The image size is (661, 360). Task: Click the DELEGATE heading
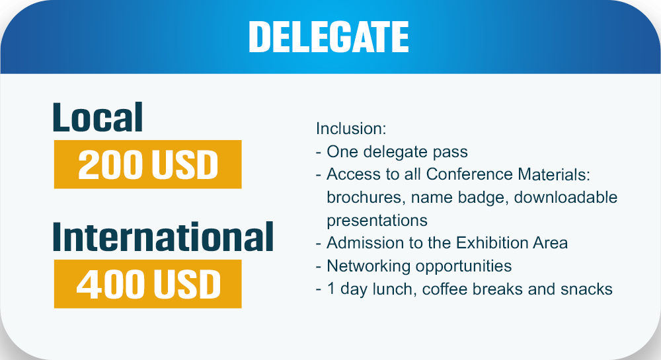pos(329,36)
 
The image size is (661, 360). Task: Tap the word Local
pos(98,118)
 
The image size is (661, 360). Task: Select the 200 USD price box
pos(147,164)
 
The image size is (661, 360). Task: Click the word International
pos(163,237)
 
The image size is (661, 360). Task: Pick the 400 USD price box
pos(147,284)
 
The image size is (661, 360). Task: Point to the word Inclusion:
pos(351,128)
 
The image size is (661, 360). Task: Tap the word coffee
pos(445,289)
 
